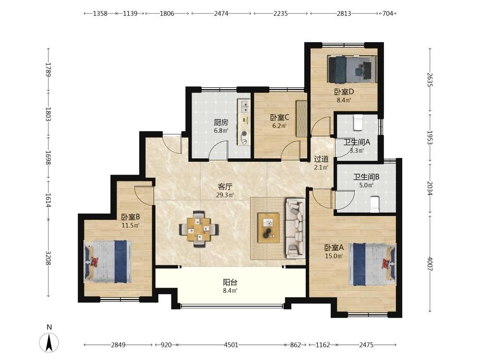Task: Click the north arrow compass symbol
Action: (49, 342)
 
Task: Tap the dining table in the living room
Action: (199, 229)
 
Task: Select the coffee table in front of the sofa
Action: (268, 228)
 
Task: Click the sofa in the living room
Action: (295, 228)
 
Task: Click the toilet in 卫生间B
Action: (374, 204)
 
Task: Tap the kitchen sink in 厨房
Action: (244, 106)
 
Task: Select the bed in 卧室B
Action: (108, 262)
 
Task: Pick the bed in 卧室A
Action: (372, 264)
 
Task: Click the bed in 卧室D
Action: (352, 70)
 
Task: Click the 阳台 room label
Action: (230, 282)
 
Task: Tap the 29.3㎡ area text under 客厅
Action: (225, 195)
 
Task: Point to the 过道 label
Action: (322, 159)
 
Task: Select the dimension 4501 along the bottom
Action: (231, 345)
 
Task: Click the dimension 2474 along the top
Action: (221, 13)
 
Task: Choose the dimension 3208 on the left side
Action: (48, 258)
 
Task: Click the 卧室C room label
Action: (279, 118)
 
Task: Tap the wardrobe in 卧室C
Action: (301, 119)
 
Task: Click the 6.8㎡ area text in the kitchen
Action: (221, 131)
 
